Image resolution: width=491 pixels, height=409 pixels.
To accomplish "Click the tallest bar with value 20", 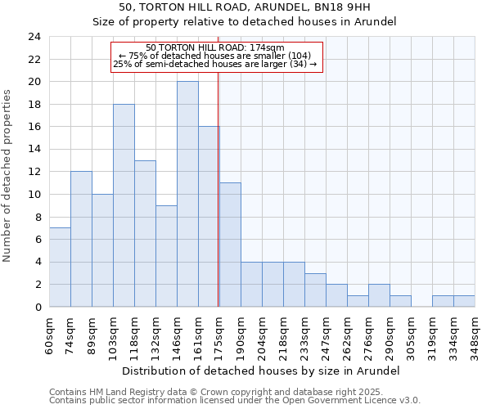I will [x=187, y=194].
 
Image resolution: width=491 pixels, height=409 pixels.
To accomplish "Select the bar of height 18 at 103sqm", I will [x=124, y=205].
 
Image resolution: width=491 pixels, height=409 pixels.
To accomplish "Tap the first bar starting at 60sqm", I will [x=60, y=267].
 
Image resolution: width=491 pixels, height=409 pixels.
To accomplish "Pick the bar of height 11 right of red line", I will [x=230, y=245].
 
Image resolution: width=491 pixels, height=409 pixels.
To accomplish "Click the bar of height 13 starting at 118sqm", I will [x=145, y=234].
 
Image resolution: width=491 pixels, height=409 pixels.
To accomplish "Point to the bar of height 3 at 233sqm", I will [x=315, y=290].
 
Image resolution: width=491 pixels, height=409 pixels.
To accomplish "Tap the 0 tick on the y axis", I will [x=37, y=308].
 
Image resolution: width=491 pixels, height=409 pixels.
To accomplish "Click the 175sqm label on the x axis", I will [x=218, y=334].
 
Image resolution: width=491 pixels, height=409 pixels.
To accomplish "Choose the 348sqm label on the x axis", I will [x=474, y=334].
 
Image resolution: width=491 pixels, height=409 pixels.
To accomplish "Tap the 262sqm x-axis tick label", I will [x=346, y=334].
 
